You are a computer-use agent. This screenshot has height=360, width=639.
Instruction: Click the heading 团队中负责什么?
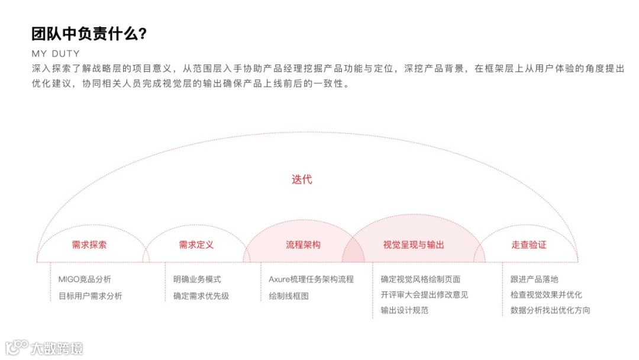pyautogui.click(x=89, y=34)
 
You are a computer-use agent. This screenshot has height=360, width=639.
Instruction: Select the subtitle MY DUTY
pyautogui.click(x=56, y=54)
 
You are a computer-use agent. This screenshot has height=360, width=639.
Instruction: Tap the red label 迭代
pyautogui.click(x=302, y=179)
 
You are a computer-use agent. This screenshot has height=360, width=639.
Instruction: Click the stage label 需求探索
pyautogui.click(x=89, y=245)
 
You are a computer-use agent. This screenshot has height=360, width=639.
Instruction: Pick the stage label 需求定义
pyautogui.click(x=196, y=245)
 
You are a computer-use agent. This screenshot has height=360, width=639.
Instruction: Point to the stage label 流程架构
pyautogui.click(x=303, y=245)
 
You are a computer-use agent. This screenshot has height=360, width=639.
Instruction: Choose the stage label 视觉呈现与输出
pyautogui.click(x=414, y=245)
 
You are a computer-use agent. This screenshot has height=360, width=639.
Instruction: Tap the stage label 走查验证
pyautogui.click(x=529, y=245)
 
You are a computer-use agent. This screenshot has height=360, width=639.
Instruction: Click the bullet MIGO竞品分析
pyautogui.click(x=85, y=279)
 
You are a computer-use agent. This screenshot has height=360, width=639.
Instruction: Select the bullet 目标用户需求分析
pyautogui.click(x=91, y=296)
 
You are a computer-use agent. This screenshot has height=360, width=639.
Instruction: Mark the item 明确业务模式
pyautogui.click(x=197, y=279)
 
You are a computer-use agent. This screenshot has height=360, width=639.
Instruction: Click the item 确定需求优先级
pyautogui.click(x=201, y=296)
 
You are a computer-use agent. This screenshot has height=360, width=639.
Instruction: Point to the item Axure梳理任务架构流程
pyautogui.click(x=311, y=279)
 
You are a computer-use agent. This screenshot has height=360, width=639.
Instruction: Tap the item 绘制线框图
pyautogui.click(x=289, y=296)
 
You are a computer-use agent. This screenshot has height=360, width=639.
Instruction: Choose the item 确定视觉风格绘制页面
pyautogui.click(x=421, y=279)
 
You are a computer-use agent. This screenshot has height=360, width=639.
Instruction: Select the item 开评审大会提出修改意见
pyautogui.click(x=425, y=295)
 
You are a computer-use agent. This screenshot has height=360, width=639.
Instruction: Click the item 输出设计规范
pyautogui.click(x=405, y=310)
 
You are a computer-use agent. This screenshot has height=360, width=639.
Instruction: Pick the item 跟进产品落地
pyautogui.click(x=534, y=279)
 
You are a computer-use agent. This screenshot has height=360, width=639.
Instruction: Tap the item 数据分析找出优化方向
pyautogui.click(x=550, y=310)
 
